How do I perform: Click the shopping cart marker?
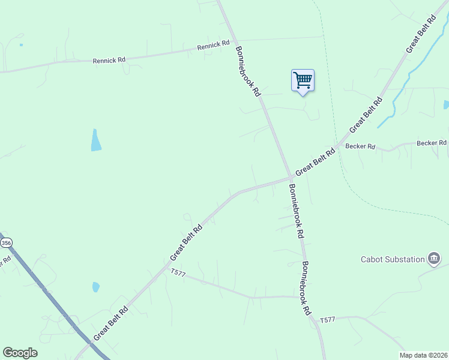click(303, 80)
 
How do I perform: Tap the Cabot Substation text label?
click(393, 259)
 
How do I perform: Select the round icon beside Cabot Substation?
click(434, 259)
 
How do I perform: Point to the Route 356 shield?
click(6, 242)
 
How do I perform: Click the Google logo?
click(20, 353)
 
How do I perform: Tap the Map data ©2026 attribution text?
click(423, 355)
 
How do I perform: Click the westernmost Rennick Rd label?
click(109, 60)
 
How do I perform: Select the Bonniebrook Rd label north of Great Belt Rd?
click(247, 71)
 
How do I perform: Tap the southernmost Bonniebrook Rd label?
click(306, 289)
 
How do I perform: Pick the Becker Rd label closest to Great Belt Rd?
click(361, 146)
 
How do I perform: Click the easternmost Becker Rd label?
click(432, 143)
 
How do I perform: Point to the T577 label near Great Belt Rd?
click(178, 272)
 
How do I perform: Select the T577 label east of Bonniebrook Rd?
click(327, 320)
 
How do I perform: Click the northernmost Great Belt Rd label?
click(420, 36)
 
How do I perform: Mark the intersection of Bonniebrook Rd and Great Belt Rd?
click(291, 178)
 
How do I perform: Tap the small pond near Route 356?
click(95, 287)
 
